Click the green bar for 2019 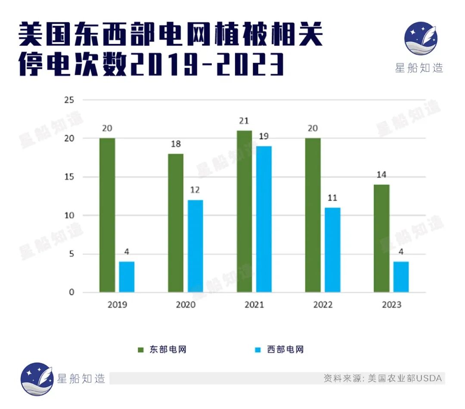(x=107, y=215)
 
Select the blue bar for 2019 (x=127, y=277)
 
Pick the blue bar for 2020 (x=195, y=246)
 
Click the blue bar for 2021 (x=264, y=219)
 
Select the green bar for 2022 (x=313, y=215)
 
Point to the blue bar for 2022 (x=332, y=250)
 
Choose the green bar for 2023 (x=381, y=238)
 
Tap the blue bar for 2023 (x=401, y=277)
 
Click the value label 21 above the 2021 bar (x=245, y=121)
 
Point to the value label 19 (x=264, y=136)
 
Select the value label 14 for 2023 (x=381, y=175)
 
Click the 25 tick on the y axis (x=69, y=100)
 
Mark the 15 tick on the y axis (x=69, y=177)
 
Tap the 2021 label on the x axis (x=254, y=304)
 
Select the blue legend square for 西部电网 (x=258, y=350)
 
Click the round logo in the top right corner (x=421, y=39)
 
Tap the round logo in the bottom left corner (x=37, y=379)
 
